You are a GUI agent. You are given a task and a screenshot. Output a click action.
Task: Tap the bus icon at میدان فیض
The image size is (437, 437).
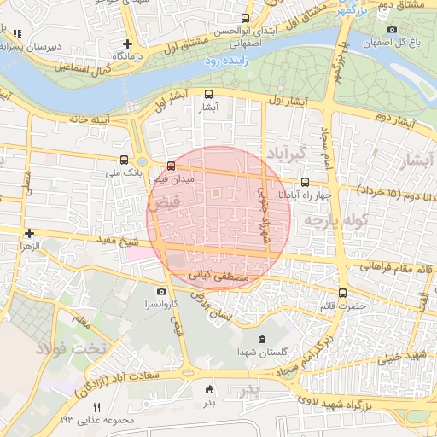point(172,166)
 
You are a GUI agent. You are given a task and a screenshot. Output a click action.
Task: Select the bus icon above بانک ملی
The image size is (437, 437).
point(125,160)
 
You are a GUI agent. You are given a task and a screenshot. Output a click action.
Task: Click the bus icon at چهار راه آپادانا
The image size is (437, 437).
point(306,181)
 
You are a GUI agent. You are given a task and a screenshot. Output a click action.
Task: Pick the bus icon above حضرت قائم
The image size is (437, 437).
point(342,292)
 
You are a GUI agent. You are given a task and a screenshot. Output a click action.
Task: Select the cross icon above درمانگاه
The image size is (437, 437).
point(127,44)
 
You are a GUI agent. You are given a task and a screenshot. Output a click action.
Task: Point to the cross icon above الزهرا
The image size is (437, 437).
point(29,233)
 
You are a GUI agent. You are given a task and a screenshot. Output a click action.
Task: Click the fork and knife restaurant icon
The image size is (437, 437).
point(96,407)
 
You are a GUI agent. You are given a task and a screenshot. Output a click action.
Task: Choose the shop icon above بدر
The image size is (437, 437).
point(209,389)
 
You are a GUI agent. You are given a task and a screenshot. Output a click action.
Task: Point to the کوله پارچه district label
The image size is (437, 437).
point(341,220)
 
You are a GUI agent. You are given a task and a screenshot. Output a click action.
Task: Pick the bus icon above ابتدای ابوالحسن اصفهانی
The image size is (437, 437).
point(246,18)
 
